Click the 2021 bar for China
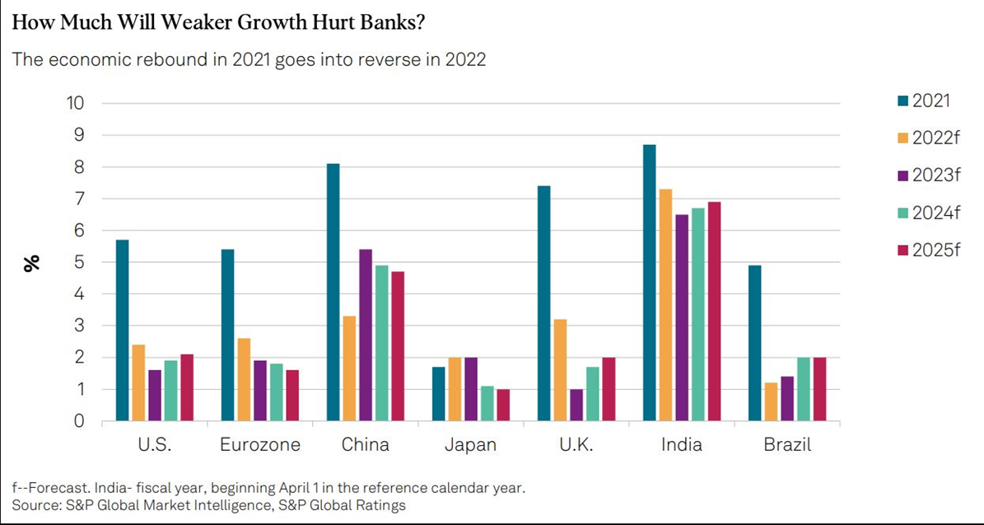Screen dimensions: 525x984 click(333, 293)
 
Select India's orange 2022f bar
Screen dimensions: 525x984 click(665, 305)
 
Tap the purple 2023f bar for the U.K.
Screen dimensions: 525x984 click(576, 405)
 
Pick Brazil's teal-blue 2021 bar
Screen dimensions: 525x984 click(755, 343)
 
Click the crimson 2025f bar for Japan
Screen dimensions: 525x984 click(502, 405)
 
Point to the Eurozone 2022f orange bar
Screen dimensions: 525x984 click(245, 379)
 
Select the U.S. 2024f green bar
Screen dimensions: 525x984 click(170, 391)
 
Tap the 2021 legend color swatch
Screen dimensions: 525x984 click(902, 101)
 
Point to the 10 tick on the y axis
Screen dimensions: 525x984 click(76, 103)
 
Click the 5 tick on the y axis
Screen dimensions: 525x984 click(80, 262)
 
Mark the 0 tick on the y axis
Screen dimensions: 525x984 click(80, 421)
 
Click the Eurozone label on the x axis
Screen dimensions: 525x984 click(260, 445)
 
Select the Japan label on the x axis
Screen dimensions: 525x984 click(471, 445)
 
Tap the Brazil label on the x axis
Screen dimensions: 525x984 click(787, 445)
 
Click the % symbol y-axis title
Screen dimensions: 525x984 click(31, 263)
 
